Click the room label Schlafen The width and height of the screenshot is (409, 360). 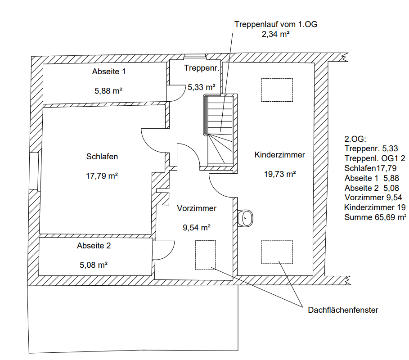coord(102,157)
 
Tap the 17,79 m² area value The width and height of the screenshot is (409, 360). coord(102,176)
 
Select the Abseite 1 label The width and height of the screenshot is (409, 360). coord(108,72)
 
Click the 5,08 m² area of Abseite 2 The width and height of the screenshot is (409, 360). coord(94,265)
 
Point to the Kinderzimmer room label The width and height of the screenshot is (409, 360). coord(279,155)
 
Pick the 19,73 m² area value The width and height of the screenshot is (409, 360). coord(279,174)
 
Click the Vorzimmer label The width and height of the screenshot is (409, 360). coord(197,209)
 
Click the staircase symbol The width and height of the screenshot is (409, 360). coord(219,130)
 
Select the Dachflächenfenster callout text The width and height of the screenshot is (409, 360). coord(343,310)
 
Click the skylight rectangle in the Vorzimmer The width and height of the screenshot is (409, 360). coord(205,255)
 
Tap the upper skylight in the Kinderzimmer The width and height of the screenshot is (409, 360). coord(277,90)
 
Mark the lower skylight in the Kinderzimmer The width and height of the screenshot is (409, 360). coord(278,252)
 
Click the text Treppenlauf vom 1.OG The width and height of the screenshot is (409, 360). coord(276,25)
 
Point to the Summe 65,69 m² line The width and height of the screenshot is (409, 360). coord(375,217)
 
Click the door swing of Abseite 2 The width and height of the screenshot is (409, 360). coord(164,250)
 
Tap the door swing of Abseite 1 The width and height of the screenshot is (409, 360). coord(177,94)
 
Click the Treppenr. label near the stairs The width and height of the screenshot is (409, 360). coord(202,68)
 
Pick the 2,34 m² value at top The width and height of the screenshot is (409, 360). coord(275,34)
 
